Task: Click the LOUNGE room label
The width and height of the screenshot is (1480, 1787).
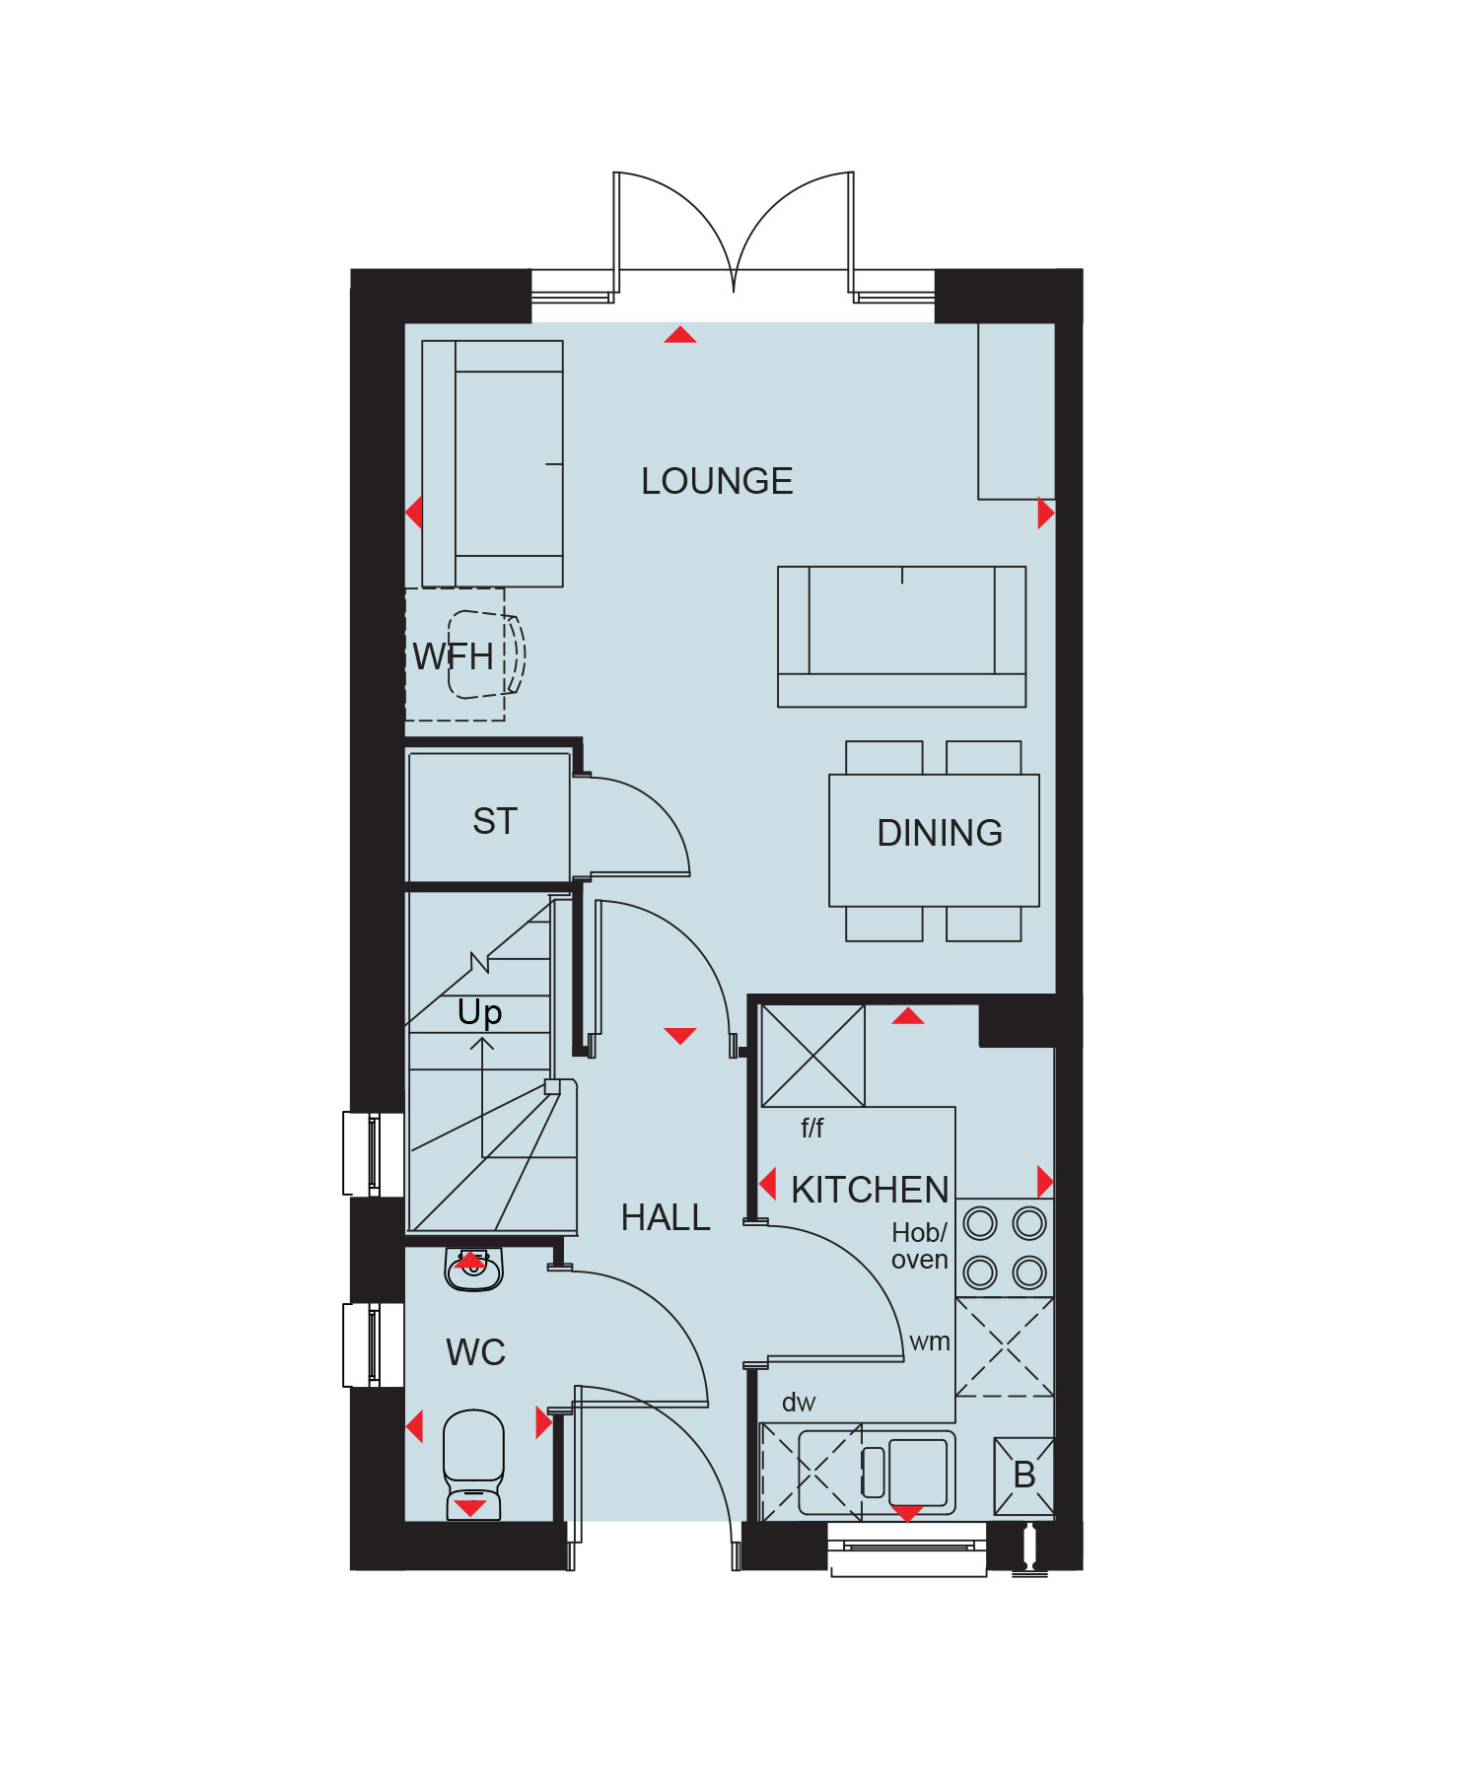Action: (717, 481)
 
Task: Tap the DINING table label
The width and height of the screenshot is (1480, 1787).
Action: (940, 833)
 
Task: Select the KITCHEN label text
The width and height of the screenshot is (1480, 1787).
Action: (870, 1190)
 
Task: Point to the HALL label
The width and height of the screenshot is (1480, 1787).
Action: (666, 1217)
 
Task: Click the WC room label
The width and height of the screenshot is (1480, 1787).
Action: (475, 1352)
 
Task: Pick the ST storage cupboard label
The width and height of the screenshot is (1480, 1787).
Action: (495, 821)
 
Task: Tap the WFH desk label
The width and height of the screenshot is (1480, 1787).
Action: (453, 656)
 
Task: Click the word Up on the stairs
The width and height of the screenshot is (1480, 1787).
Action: (480, 1013)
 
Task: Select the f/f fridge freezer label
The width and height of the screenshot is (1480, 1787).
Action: (811, 1128)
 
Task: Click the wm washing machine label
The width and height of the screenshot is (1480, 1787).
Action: (930, 1341)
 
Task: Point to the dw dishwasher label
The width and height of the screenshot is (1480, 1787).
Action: (799, 1403)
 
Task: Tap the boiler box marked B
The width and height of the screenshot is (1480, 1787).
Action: (1024, 1476)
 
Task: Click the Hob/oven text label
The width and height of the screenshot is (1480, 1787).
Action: (919, 1246)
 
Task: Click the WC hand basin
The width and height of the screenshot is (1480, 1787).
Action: (474, 1270)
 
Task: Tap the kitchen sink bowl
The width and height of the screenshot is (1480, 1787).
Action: (918, 1472)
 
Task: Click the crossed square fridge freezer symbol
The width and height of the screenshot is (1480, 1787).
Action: (813, 1056)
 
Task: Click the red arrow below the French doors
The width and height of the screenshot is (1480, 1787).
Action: (680, 335)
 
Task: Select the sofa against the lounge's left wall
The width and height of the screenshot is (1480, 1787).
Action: (492, 463)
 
